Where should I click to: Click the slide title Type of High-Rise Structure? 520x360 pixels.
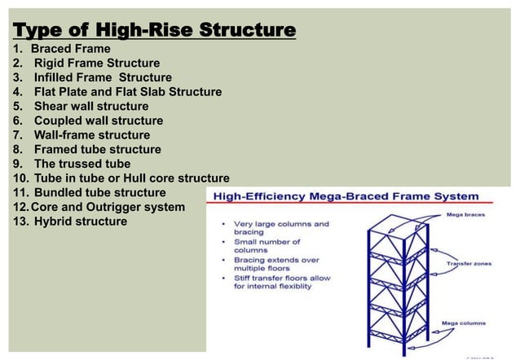click(154, 31)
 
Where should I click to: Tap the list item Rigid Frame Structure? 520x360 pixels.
click(96, 63)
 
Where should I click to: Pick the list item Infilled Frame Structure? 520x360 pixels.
click(103, 77)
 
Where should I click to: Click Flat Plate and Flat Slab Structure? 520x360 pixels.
click(127, 92)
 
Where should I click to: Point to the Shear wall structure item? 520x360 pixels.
click(90, 107)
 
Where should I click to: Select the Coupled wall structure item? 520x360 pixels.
click(98, 121)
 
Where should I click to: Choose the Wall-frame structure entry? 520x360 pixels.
click(91, 135)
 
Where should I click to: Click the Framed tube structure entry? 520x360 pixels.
click(97, 150)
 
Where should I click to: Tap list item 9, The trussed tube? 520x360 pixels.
click(82, 164)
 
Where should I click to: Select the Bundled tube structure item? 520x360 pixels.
click(99, 193)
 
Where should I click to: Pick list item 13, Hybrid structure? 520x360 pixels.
click(80, 222)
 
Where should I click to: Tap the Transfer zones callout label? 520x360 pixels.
click(469, 264)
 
